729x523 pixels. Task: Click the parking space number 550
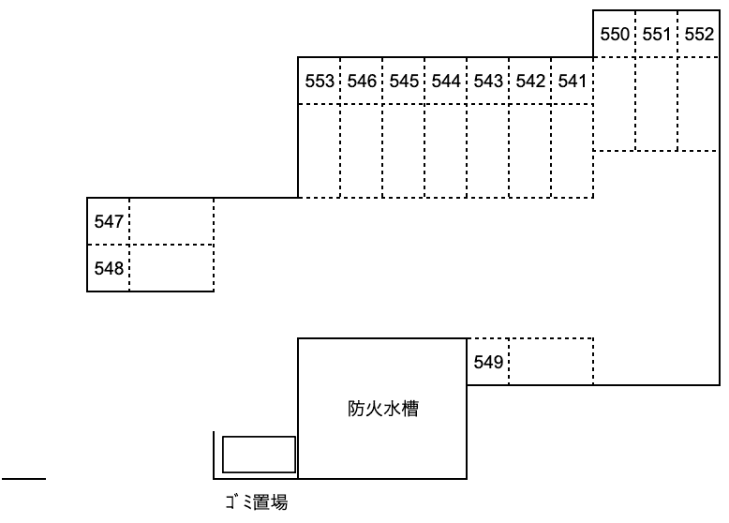(614, 35)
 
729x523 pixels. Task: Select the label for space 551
(657, 35)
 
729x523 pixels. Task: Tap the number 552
(699, 35)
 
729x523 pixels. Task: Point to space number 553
(320, 81)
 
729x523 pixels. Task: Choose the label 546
(361, 81)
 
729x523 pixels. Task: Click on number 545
(404, 81)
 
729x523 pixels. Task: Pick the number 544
(446, 81)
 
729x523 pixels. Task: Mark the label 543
(488, 81)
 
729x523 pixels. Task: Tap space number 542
(530, 81)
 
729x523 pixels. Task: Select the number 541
(572, 81)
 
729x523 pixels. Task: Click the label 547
(109, 222)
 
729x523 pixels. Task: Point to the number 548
(109, 268)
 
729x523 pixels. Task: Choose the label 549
(488, 362)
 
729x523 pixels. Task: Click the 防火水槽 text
(382, 410)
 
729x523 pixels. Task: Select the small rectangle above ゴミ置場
(260, 455)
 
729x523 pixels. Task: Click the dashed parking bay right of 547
(171, 221)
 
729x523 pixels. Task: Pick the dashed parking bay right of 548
(171, 268)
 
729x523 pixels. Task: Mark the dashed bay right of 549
(551, 362)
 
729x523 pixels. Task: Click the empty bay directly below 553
(320, 151)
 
